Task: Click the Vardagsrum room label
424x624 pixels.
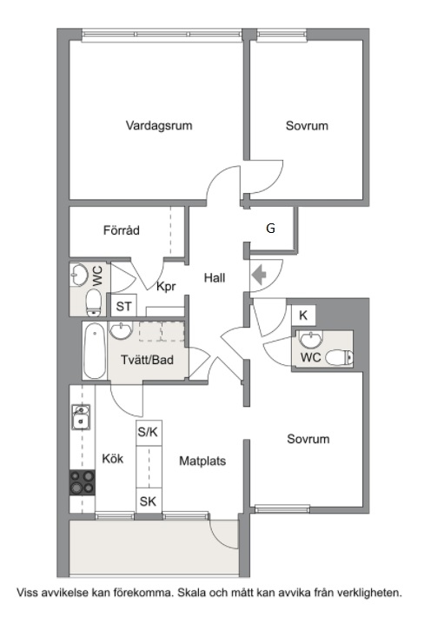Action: tap(159, 126)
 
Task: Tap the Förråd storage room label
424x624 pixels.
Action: tap(122, 230)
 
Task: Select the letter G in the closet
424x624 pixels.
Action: tap(270, 228)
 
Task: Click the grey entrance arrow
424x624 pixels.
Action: tap(259, 275)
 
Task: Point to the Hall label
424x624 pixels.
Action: tap(215, 278)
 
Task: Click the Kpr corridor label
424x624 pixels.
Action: tap(166, 286)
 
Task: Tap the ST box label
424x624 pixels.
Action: tap(123, 307)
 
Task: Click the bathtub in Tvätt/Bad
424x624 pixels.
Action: tap(95, 351)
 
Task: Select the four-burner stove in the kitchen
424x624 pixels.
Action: tap(83, 482)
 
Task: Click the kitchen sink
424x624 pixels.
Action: tap(81, 417)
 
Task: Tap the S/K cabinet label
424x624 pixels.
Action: tap(148, 431)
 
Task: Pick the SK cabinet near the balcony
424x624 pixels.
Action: tap(148, 501)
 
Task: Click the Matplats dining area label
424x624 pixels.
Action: tap(202, 461)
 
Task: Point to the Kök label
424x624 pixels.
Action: tap(113, 459)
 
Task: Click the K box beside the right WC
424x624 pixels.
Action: tap(303, 315)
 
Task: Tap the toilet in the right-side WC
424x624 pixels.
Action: tap(339, 357)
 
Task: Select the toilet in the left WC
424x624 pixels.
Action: tap(94, 302)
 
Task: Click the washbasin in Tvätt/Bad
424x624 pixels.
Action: tap(121, 331)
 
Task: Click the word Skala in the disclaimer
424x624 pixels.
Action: tap(192, 593)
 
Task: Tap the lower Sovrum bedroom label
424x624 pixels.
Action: tap(308, 439)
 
